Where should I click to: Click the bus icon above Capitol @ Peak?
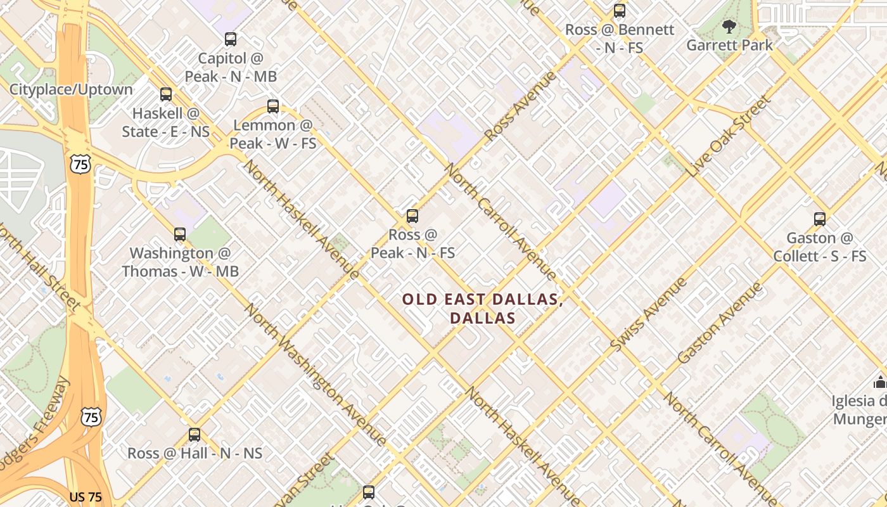point(231,39)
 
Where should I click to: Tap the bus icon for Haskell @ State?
point(166,94)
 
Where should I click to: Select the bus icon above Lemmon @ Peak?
point(273,106)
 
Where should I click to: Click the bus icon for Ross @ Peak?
point(412,216)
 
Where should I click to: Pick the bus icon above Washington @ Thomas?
point(180,234)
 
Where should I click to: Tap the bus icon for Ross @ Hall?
point(195,435)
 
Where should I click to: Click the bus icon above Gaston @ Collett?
point(820,219)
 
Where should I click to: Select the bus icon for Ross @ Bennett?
point(620,11)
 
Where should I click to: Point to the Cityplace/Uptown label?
point(71,89)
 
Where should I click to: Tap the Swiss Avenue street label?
point(649,314)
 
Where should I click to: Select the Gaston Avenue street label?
point(720,323)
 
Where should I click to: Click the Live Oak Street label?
point(730,136)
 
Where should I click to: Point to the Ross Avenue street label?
point(520,106)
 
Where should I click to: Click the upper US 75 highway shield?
point(80,165)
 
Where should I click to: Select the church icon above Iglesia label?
point(879,382)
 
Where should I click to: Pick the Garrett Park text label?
point(730,46)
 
